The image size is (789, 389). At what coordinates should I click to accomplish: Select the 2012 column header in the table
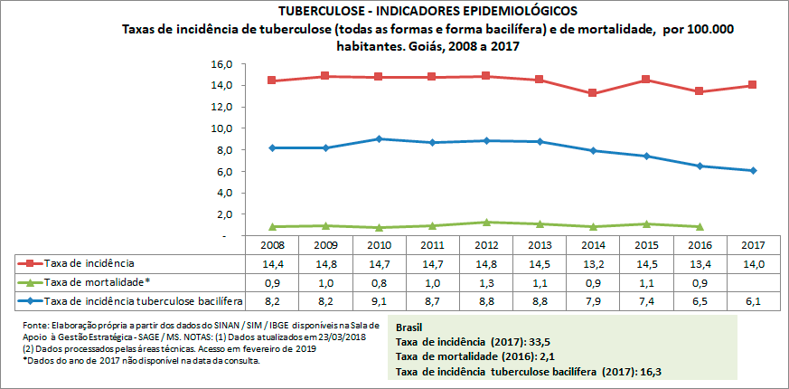coord(487,245)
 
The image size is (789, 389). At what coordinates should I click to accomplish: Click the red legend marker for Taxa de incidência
coord(30,263)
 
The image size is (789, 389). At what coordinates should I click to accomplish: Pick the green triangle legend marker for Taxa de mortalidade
coord(30,281)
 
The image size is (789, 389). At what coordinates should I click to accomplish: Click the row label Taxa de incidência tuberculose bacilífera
coord(144,299)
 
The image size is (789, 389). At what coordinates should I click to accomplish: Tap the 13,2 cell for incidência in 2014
coord(595,263)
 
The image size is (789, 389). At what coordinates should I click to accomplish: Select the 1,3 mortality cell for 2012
coord(487,281)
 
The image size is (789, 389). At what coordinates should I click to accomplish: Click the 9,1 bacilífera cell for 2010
coord(380,299)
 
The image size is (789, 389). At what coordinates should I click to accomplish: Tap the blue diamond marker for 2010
coord(380,138)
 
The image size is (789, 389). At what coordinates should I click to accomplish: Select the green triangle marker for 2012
coord(487,222)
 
